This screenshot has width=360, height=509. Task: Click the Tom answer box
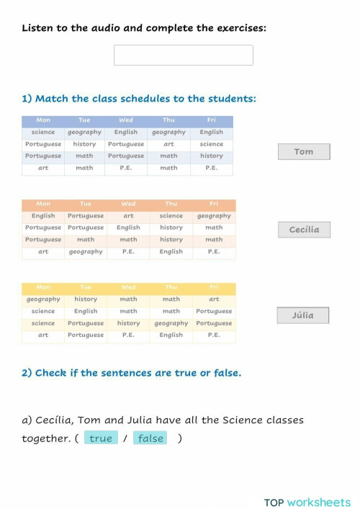[304, 152]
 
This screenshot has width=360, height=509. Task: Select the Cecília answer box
[304, 230]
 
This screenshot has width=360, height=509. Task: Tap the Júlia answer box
[303, 315]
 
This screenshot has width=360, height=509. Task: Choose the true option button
[101, 438]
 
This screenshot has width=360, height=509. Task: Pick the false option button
[150, 438]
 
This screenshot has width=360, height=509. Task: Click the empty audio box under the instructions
[183, 55]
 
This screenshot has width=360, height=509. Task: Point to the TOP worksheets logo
[307, 502]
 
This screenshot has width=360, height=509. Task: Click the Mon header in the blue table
[43, 120]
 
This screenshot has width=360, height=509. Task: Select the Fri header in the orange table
[214, 204]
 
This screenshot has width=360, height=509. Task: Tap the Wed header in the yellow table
[128, 287]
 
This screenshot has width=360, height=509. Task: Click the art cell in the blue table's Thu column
[168, 144]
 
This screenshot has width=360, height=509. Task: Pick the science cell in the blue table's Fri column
[212, 144]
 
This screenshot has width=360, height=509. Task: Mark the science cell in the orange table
[171, 215]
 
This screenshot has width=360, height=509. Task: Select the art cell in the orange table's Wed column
[128, 215]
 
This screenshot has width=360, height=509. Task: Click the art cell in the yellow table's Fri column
[214, 299]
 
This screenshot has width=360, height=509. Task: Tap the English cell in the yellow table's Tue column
[86, 311]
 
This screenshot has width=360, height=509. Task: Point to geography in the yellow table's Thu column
[171, 323]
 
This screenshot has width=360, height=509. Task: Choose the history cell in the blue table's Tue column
[84, 144]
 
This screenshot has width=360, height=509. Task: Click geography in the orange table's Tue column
[86, 252]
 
